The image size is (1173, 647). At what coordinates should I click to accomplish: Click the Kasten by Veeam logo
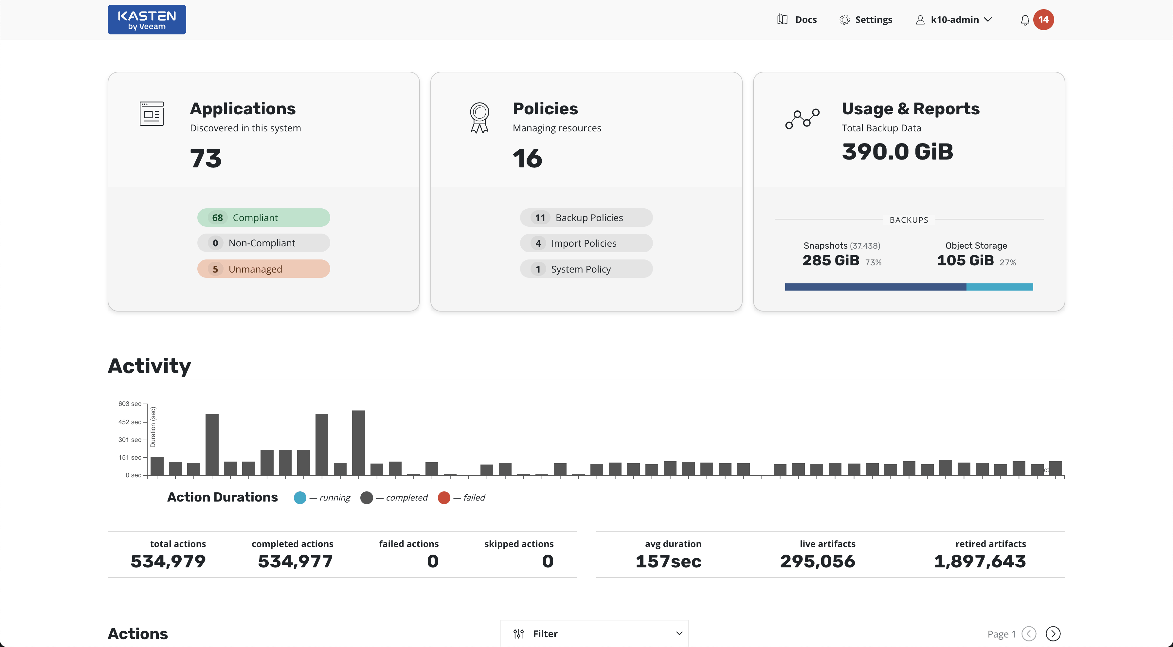147,20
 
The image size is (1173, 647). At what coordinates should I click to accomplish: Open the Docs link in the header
797,20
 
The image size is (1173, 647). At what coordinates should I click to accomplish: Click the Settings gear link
866,20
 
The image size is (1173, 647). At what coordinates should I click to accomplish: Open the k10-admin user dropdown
954,20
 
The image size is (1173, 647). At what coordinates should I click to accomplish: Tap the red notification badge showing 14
1043,20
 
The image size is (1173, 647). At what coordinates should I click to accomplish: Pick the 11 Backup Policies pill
586,218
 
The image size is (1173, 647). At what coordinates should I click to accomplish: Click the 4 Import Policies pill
586,243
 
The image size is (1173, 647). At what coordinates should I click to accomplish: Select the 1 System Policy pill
586,269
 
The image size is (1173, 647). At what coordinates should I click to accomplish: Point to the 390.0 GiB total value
897,152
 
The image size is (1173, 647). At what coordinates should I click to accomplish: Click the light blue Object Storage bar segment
1000,287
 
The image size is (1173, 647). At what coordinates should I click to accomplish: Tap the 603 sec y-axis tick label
130,404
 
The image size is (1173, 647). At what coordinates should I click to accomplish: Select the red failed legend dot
444,498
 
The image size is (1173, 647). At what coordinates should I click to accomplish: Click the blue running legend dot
300,498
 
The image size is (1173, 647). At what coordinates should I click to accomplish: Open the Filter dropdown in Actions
594,633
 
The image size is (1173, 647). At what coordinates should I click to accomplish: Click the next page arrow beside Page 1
1053,633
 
